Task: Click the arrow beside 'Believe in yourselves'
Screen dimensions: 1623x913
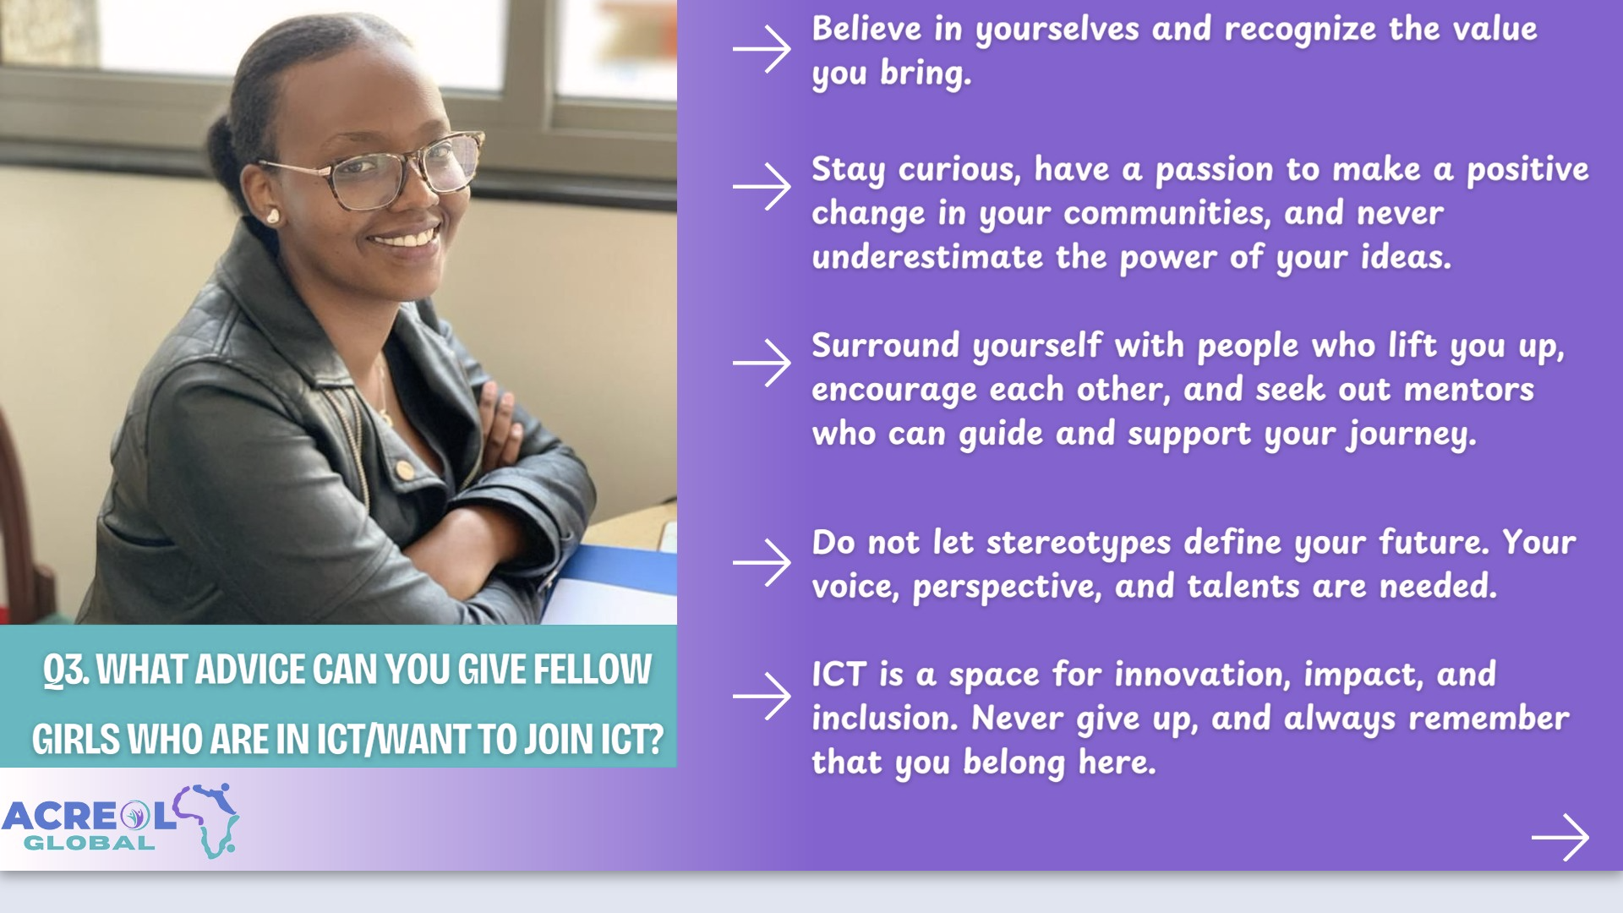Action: pos(762,49)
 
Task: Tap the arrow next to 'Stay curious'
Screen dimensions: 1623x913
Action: pos(762,186)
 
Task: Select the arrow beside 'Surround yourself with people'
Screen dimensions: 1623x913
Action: pos(762,363)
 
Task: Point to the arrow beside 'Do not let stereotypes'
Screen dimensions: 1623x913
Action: pos(762,562)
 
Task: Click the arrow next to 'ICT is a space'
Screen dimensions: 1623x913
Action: pos(762,697)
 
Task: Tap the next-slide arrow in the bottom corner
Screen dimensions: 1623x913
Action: pos(1560,838)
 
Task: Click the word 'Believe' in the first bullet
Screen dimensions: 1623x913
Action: pos(866,29)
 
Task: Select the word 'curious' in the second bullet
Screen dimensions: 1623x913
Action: pos(959,170)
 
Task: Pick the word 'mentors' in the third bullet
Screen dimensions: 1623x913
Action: pos(1469,390)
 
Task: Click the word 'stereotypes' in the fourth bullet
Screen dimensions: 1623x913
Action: pos(1079,544)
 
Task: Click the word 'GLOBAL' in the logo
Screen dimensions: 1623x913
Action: pos(90,843)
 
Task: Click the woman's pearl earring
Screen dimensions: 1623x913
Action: pos(272,217)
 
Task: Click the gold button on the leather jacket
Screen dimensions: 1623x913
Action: pos(405,470)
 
